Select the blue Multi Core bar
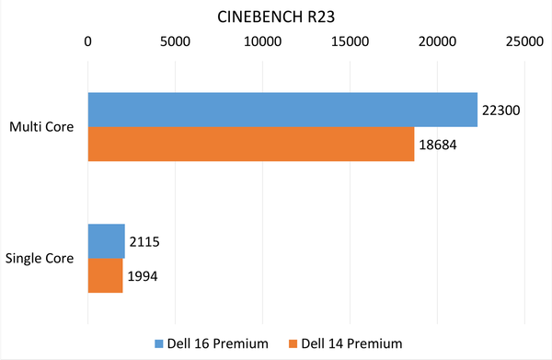[x=282, y=110]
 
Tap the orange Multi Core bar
[x=251, y=144]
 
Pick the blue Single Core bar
[x=106, y=241]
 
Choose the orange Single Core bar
[x=105, y=275]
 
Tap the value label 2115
[x=145, y=242]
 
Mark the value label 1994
[x=144, y=276]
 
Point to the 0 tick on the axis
[x=87, y=41]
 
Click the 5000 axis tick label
[x=175, y=41]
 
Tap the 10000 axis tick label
[x=262, y=41]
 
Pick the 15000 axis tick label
[x=350, y=41]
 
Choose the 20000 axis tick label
[x=437, y=41]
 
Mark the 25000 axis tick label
[x=524, y=41]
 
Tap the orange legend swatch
[x=293, y=344]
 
